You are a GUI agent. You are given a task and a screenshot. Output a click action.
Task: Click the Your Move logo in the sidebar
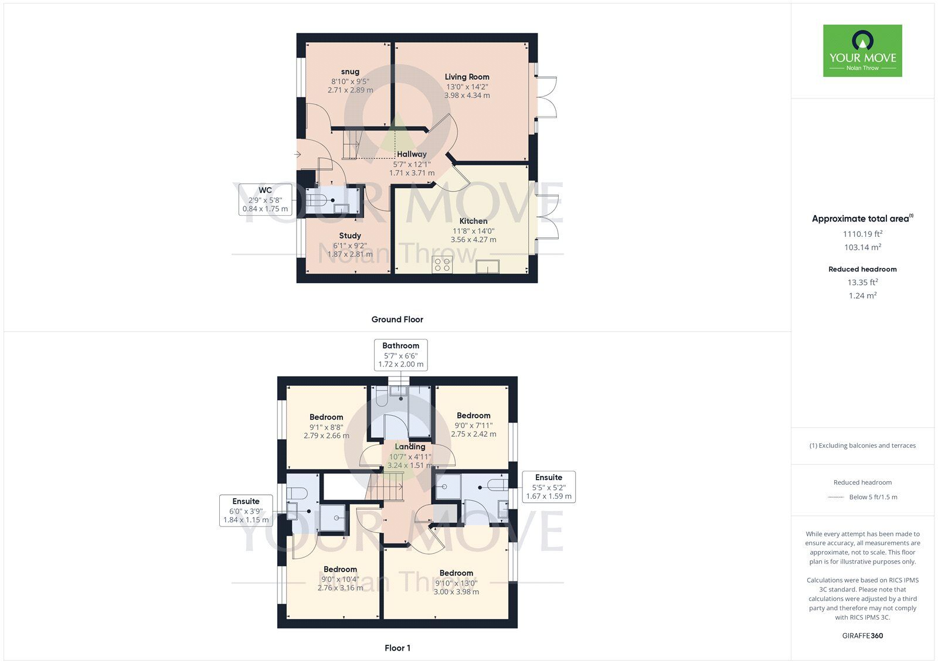click(x=862, y=50)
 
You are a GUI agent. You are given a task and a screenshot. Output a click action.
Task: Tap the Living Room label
click(x=467, y=77)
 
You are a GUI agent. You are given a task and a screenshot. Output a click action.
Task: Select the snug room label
click(x=350, y=72)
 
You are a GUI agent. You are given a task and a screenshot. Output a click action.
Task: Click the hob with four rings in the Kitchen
click(x=442, y=265)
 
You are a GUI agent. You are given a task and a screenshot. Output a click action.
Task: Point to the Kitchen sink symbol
click(x=487, y=267)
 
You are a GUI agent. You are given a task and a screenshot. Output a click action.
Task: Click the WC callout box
click(x=265, y=199)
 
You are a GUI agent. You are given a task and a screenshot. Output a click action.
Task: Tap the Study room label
click(x=350, y=236)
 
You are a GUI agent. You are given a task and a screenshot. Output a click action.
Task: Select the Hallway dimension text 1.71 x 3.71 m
click(x=412, y=173)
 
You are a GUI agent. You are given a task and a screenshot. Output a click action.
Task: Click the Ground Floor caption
click(x=397, y=319)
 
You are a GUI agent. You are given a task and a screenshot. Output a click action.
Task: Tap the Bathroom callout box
click(x=401, y=355)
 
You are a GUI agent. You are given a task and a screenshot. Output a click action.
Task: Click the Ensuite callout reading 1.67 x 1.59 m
click(x=548, y=487)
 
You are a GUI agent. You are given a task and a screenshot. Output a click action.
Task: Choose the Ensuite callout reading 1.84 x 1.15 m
click(x=246, y=511)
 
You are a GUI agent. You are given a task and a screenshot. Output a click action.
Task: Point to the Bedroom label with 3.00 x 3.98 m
click(x=456, y=573)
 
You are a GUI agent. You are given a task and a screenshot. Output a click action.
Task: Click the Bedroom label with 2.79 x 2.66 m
click(x=326, y=417)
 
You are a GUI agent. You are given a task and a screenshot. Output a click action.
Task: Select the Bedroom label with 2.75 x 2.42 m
click(x=473, y=416)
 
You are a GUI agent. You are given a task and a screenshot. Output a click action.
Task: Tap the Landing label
click(x=410, y=447)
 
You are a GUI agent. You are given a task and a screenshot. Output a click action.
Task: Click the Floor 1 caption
click(x=397, y=648)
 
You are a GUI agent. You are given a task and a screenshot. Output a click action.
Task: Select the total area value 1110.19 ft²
click(x=862, y=234)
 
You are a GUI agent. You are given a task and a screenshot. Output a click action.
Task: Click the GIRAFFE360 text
click(x=862, y=635)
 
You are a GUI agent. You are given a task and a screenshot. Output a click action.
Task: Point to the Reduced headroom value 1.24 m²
click(x=862, y=295)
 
